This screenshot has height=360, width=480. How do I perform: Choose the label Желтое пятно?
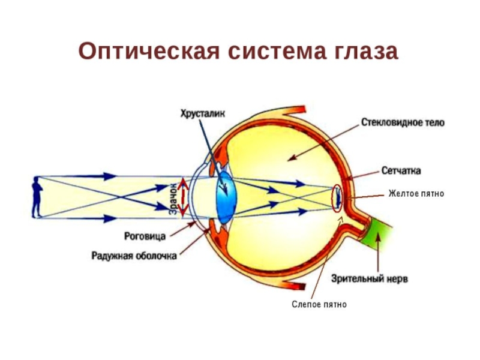click(416, 193)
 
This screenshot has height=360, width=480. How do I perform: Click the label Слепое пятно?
click(320, 305)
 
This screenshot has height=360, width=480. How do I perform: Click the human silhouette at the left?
click(37, 197)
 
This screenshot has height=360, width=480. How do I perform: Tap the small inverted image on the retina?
click(338, 196)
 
